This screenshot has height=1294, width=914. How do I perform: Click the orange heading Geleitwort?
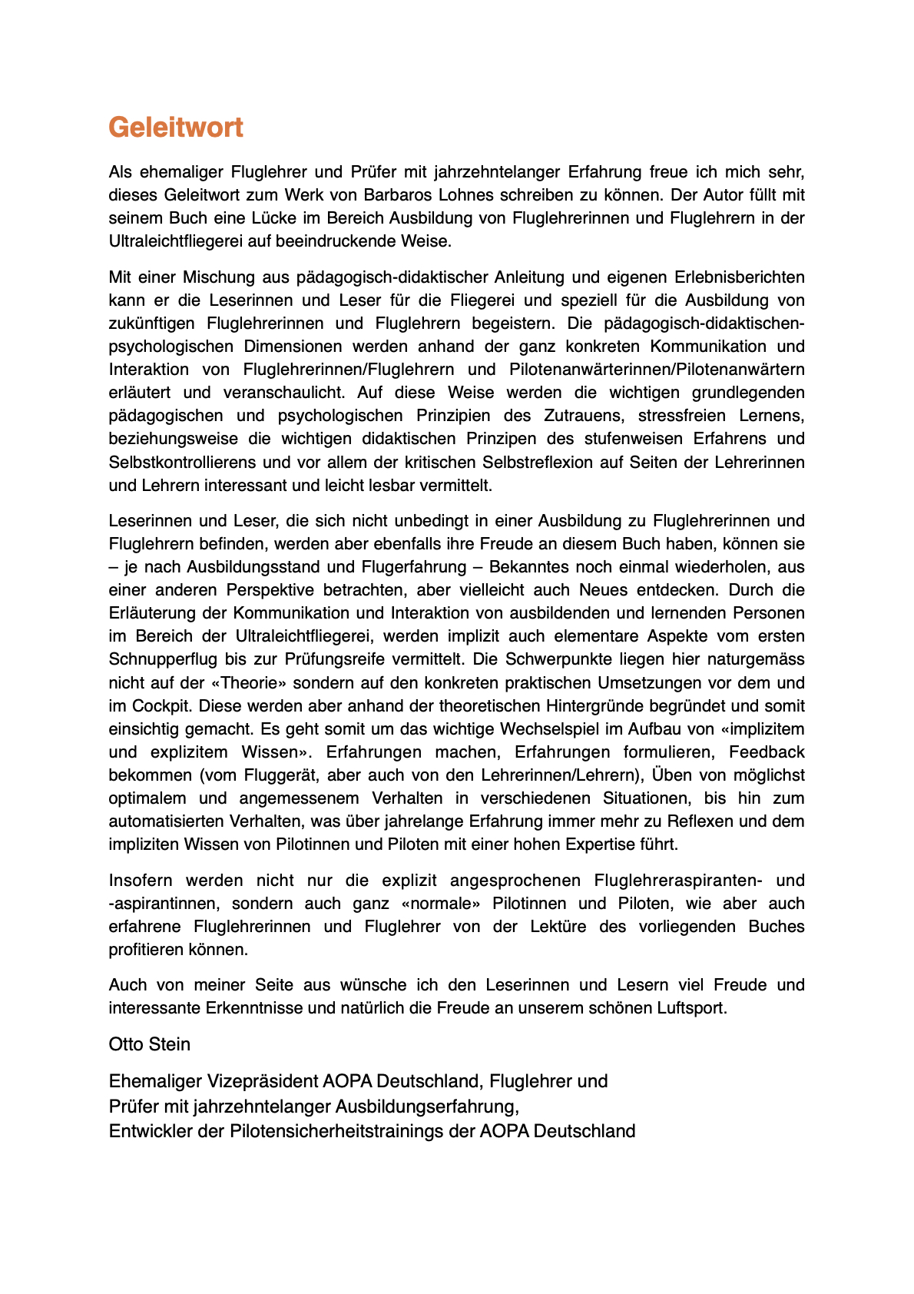[176, 128]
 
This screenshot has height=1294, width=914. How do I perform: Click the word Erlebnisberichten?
[740, 277]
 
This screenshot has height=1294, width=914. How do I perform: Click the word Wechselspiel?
[549, 729]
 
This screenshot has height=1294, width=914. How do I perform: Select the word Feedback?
[767, 752]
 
